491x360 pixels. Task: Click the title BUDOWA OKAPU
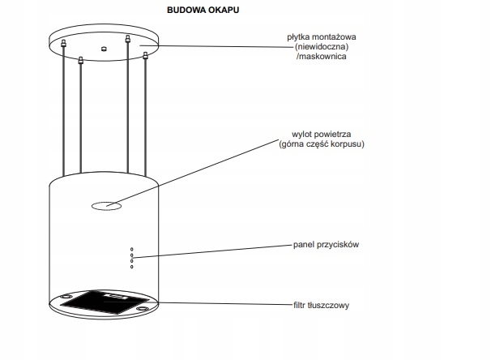pos(203,10)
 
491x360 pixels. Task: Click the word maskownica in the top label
pos(322,57)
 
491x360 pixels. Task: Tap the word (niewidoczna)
pos(322,47)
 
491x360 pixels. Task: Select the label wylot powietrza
pos(322,134)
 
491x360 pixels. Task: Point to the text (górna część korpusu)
pos(322,144)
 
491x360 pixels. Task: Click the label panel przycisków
pos(326,244)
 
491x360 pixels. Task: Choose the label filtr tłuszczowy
pos(322,305)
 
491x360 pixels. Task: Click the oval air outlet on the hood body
pos(106,206)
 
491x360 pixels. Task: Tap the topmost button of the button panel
pos(132,249)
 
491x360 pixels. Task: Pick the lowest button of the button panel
pos(132,267)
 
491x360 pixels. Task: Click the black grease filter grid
pos(104,302)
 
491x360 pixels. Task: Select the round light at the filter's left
pos(66,297)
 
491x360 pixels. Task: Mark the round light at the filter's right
pos(143,309)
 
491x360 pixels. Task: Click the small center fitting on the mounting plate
pos(104,49)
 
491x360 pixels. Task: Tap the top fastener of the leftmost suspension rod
pos(63,43)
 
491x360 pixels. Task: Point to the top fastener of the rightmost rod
pos(145,56)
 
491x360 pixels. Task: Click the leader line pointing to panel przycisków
pos(212,251)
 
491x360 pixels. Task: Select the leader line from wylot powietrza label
pos(193,173)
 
